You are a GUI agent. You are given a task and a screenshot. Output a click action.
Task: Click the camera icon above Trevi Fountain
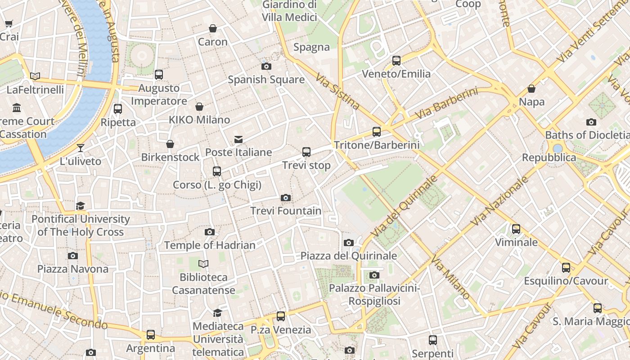(285, 198)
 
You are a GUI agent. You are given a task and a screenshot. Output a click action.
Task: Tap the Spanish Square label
(266, 80)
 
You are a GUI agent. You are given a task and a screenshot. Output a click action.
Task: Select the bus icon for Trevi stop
(306, 152)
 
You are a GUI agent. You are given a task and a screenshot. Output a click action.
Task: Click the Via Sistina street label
(337, 92)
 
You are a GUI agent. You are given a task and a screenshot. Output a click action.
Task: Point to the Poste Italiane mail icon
(238, 139)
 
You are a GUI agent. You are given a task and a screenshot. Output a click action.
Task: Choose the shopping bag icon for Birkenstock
(170, 144)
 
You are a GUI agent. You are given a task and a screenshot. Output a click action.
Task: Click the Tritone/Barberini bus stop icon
(377, 132)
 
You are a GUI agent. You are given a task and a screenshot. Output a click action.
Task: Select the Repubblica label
(549, 157)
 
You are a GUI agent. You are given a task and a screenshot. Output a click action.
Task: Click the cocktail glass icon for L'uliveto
(81, 148)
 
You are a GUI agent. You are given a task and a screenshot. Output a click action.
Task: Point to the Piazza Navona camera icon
(73, 256)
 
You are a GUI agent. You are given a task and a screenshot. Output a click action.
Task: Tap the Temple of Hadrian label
(210, 245)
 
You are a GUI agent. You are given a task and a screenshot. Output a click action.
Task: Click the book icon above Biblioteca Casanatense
(203, 264)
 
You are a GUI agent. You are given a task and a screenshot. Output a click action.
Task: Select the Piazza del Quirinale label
(349, 256)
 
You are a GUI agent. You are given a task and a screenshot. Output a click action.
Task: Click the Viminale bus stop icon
(516, 229)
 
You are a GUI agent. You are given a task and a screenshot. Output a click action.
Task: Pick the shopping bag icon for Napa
(531, 89)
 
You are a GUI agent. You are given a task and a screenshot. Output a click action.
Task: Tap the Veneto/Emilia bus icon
(396, 60)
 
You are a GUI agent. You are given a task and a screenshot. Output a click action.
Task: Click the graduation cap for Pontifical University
(81, 206)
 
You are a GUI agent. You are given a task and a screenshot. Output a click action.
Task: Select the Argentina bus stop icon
(151, 335)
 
